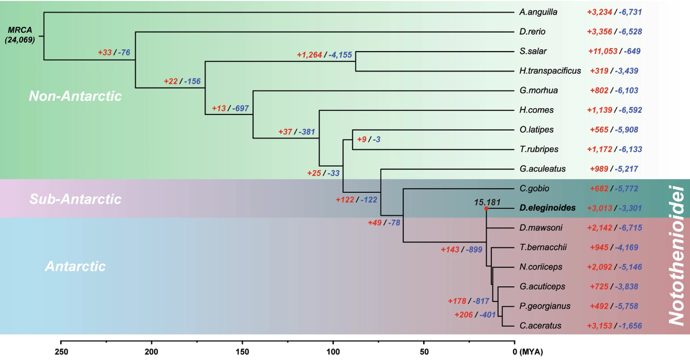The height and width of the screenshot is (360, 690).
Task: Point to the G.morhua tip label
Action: click(x=538, y=90)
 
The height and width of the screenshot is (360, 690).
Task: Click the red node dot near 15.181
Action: click(x=486, y=209)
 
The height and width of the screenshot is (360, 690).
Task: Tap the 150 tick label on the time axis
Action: click(x=242, y=350)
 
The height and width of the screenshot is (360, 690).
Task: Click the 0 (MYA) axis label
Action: click(x=527, y=350)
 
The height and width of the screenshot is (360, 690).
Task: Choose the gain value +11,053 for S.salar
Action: click(x=603, y=52)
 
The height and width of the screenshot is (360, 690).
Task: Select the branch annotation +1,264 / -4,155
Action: click(x=324, y=55)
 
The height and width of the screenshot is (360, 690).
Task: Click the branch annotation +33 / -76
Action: click(x=114, y=53)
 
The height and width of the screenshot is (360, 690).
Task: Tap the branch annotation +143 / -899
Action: click(x=462, y=250)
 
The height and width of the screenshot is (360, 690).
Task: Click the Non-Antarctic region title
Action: click(x=75, y=96)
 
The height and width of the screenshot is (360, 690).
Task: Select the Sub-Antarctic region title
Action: click(x=75, y=199)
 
